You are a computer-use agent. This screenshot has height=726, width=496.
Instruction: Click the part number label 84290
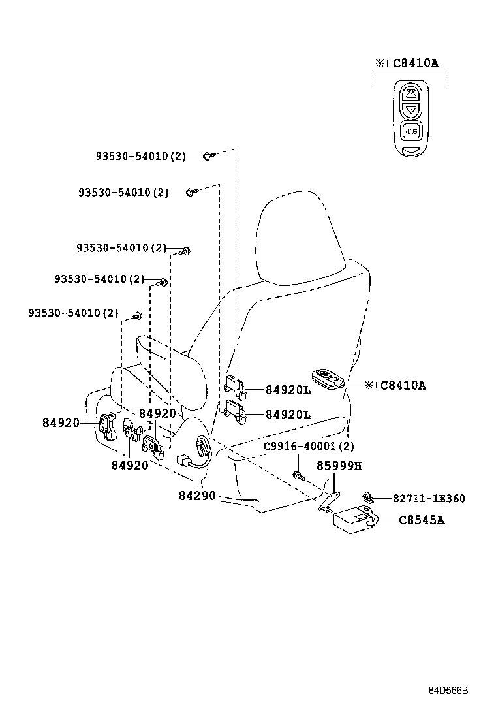point(197,496)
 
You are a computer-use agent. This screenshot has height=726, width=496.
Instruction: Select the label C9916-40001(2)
point(309,447)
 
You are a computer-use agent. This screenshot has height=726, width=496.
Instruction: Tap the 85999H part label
point(339,466)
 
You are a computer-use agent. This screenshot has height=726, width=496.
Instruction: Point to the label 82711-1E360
point(429,499)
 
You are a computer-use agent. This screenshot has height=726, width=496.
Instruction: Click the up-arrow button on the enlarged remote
point(411,92)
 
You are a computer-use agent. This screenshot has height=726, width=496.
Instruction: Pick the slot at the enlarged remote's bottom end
point(411,151)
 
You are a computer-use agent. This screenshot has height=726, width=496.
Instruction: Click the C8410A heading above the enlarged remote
point(415,63)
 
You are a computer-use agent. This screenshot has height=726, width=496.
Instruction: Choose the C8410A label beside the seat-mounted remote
point(403,386)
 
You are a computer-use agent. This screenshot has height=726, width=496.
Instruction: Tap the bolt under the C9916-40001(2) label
point(298,476)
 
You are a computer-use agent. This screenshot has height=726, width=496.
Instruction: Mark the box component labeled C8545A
point(352,518)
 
